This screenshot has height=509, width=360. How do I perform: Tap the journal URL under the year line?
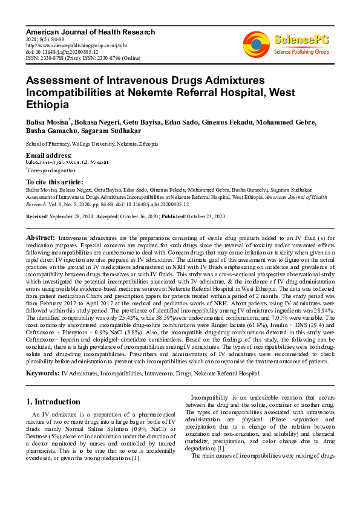(x=75, y=45)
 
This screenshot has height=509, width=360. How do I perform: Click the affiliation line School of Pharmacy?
(x=91, y=144)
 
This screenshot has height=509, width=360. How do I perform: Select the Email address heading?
(x=49, y=155)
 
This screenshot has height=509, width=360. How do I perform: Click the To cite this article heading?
(x=54, y=182)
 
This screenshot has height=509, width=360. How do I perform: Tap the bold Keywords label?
(x=42, y=374)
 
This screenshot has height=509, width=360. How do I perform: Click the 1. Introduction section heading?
(x=54, y=401)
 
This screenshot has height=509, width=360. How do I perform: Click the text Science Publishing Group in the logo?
(x=300, y=52)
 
